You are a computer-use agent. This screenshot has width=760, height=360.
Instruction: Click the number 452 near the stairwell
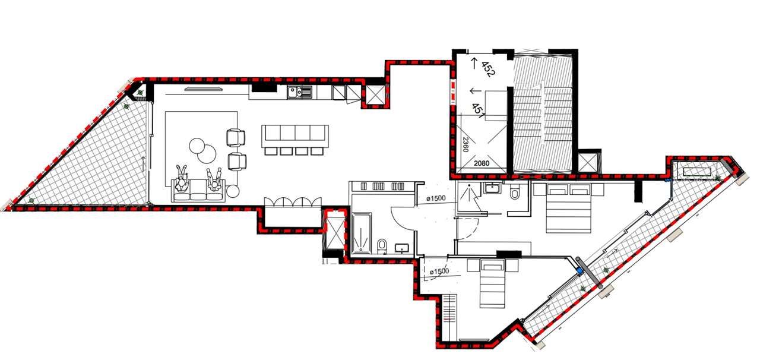point(489,70)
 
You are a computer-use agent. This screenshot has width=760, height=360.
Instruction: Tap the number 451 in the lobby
point(479,111)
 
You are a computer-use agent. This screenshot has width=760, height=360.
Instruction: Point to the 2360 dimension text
point(465,145)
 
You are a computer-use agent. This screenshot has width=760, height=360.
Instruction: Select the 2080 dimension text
point(482,163)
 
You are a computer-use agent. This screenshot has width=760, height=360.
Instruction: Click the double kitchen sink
point(300,92)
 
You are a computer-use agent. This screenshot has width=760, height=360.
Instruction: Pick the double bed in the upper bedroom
point(568,208)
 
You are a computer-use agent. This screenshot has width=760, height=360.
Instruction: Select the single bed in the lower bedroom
point(493,283)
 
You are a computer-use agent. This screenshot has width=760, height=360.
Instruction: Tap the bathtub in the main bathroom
point(362,233)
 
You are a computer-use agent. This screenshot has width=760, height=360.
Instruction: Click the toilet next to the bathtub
point(382,246)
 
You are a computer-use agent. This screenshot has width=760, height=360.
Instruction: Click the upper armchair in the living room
point(236,138)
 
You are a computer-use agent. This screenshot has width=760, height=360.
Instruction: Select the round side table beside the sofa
point(233,191)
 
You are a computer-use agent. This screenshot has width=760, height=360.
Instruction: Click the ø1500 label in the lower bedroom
point(439,271)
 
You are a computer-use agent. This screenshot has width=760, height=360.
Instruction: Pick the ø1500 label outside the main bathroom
point(436,198)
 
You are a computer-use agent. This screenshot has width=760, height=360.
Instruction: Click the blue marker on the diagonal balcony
point(580,271)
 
